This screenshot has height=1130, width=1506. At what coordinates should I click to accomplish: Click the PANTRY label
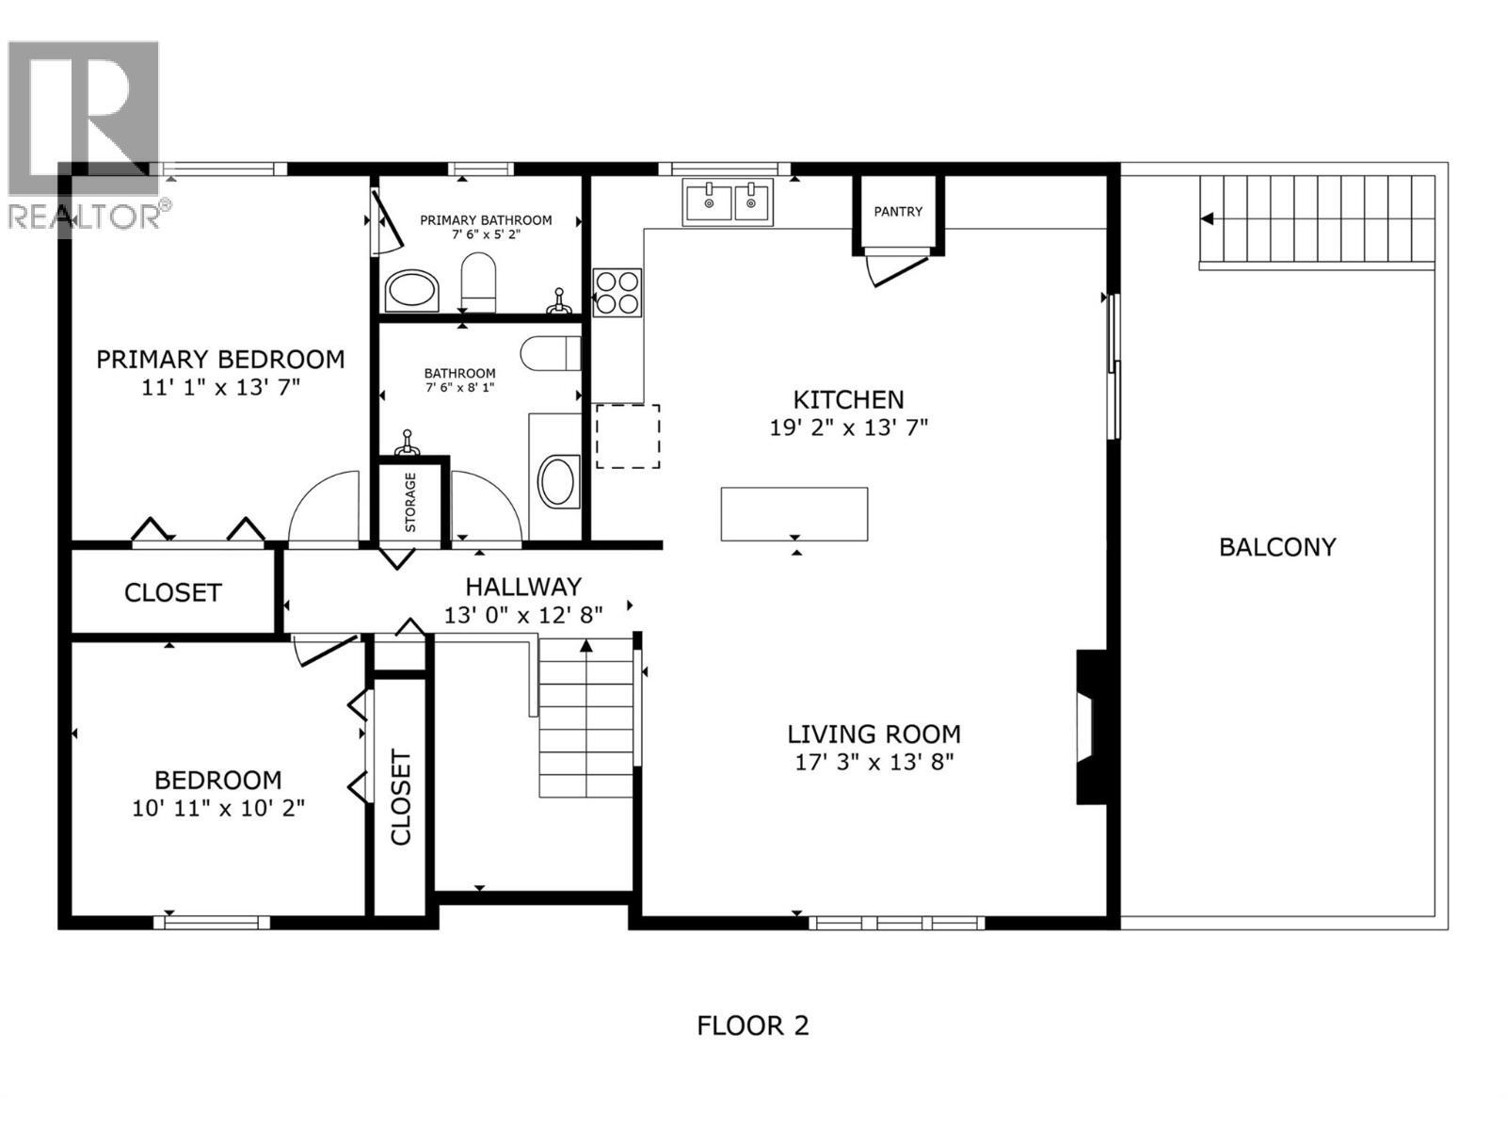898,212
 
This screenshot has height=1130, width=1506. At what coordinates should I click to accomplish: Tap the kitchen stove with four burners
617,292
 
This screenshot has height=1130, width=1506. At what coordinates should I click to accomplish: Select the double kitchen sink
728,202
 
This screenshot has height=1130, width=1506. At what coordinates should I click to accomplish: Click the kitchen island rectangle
793,514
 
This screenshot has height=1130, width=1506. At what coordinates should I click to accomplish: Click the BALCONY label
1277,547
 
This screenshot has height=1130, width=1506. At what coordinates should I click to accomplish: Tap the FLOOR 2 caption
752,1025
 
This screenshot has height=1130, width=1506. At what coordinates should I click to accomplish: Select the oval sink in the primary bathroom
412,290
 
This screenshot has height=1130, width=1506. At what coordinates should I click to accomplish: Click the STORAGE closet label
411,502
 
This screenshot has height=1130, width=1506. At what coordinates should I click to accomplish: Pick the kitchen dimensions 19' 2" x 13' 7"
848,428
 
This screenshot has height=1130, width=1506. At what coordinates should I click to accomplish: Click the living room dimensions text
873,762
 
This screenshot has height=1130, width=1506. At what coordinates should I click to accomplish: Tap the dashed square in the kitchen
628,436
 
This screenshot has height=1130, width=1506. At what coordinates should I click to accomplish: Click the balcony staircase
1316,219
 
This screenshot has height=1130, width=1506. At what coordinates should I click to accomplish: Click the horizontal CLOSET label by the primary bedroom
173,592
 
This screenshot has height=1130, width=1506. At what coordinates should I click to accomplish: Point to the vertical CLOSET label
401,797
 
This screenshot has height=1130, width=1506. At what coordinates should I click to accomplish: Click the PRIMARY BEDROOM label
220,360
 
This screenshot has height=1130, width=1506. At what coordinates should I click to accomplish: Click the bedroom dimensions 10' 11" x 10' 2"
218,808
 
